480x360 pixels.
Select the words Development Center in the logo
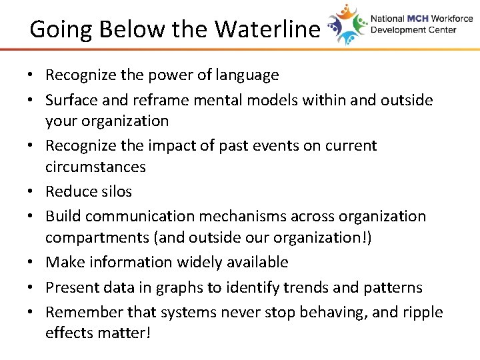pyautogui.click(x=413, y=30)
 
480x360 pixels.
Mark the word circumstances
pyautogui.click(x=95, y=167)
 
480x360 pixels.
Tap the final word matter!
pyautogui.click(x=124, y=333)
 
